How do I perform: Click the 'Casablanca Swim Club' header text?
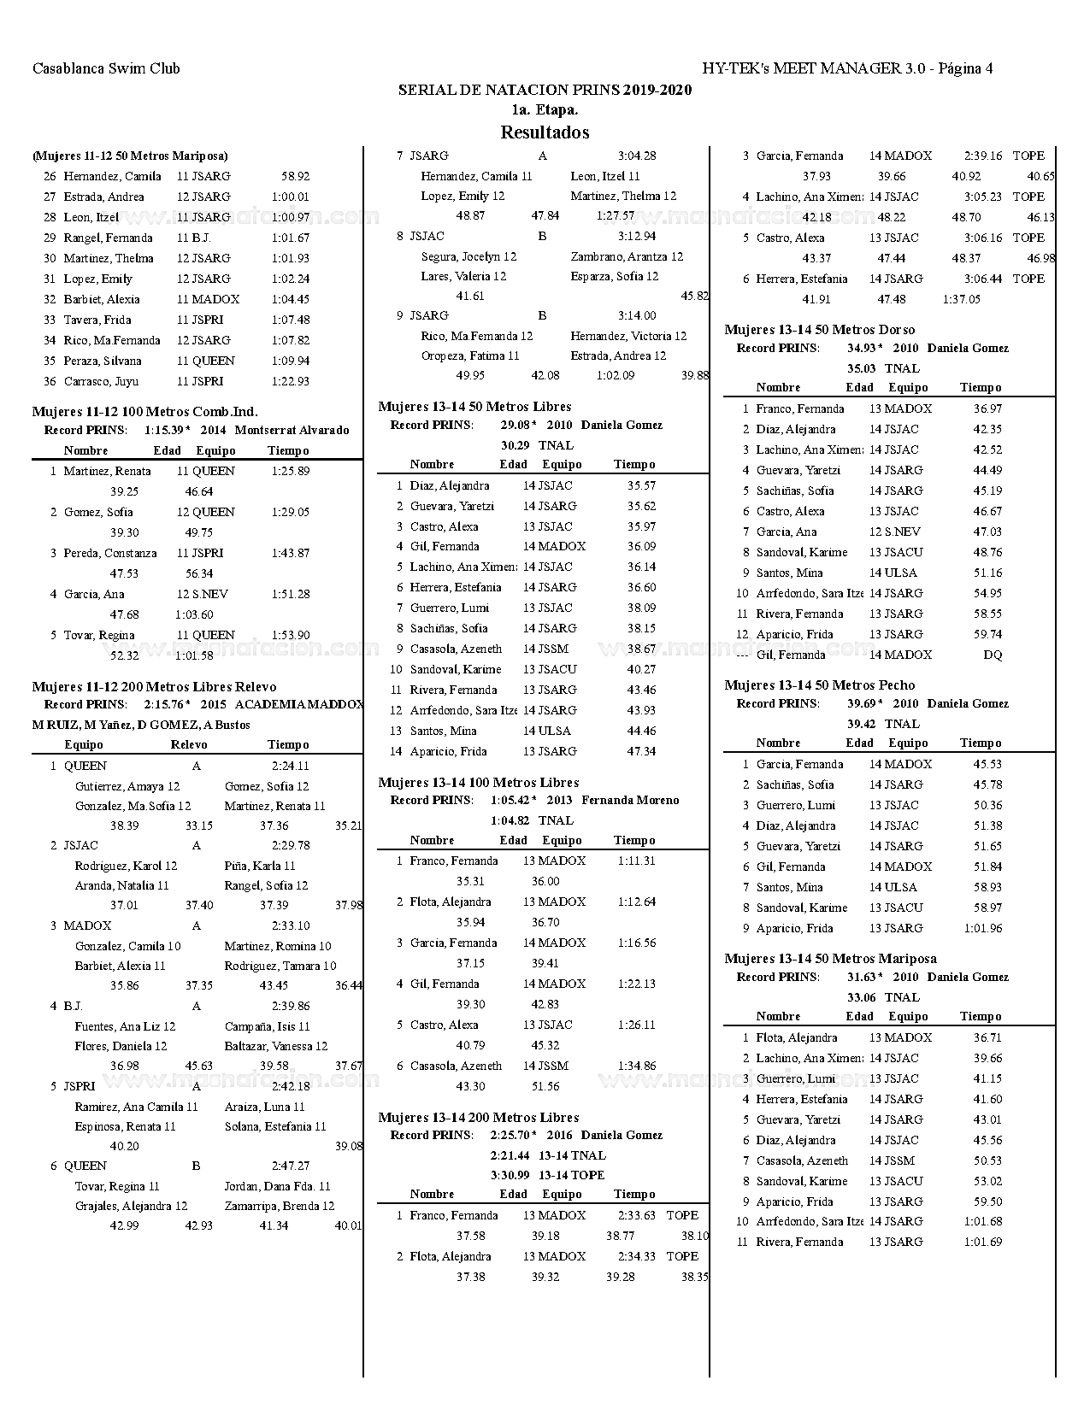point(106,68)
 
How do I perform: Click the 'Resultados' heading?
point(545,132)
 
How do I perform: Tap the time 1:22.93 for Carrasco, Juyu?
point(290,381)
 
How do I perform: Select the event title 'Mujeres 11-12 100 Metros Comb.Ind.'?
point(144,412)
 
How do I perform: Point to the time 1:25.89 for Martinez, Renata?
point(290,471)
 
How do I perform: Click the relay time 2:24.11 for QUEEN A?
point(291,766)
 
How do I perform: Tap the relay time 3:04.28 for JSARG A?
point(637,156)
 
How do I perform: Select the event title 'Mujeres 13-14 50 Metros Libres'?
point(474,407)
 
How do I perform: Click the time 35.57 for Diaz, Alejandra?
point(641,485)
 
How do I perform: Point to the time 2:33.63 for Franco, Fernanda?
point(637,1215)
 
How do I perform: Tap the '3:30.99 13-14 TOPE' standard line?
point(547,1175)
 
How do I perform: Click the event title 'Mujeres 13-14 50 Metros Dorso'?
point(819,330)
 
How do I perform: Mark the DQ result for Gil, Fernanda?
point(993,655)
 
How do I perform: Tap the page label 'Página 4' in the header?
point(965,68)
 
